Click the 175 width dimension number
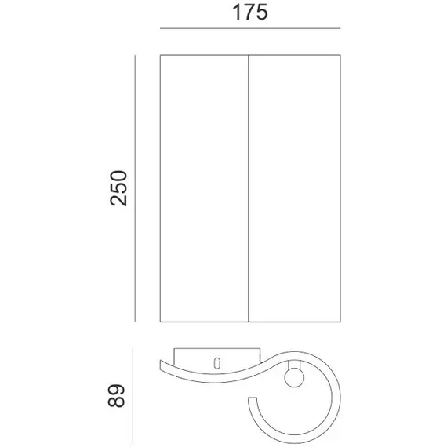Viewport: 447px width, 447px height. pyautogui.click(x=250, y=13)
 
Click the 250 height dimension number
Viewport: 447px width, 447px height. pyautogui.click(x=118, y=188)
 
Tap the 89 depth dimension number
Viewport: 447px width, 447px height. pyautogui.click(x=116, y=396)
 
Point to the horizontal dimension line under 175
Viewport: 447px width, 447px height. pyautogui.click(x=250, y=28)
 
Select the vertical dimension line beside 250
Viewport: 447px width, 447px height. pyautogui.click(x=135, y=188)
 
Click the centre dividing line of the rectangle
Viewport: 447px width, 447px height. pyautogui.click(x=249, y=188)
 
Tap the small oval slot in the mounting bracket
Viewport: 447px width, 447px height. pyautogui.click(x=217, y=363)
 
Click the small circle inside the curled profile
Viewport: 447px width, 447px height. pyautogui.click(x=294, y=378)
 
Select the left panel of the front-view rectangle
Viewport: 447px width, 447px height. pyautogui.click(x=204, y=188)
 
